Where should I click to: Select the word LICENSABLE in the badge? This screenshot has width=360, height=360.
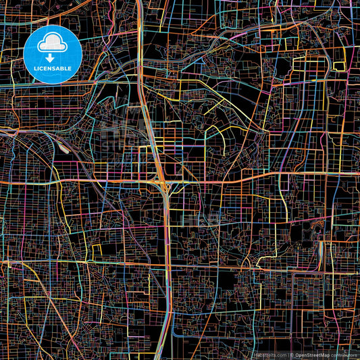tap(52, 68)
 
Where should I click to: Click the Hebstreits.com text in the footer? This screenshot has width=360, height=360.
tap(269, 354)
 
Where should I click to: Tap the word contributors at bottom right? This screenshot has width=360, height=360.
tap(345, 354)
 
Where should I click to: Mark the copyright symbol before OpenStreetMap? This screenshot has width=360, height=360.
tap(292, 354)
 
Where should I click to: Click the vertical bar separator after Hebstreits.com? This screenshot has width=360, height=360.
tap(287, 354)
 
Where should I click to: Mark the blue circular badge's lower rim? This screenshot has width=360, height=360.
tap(52, 82)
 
